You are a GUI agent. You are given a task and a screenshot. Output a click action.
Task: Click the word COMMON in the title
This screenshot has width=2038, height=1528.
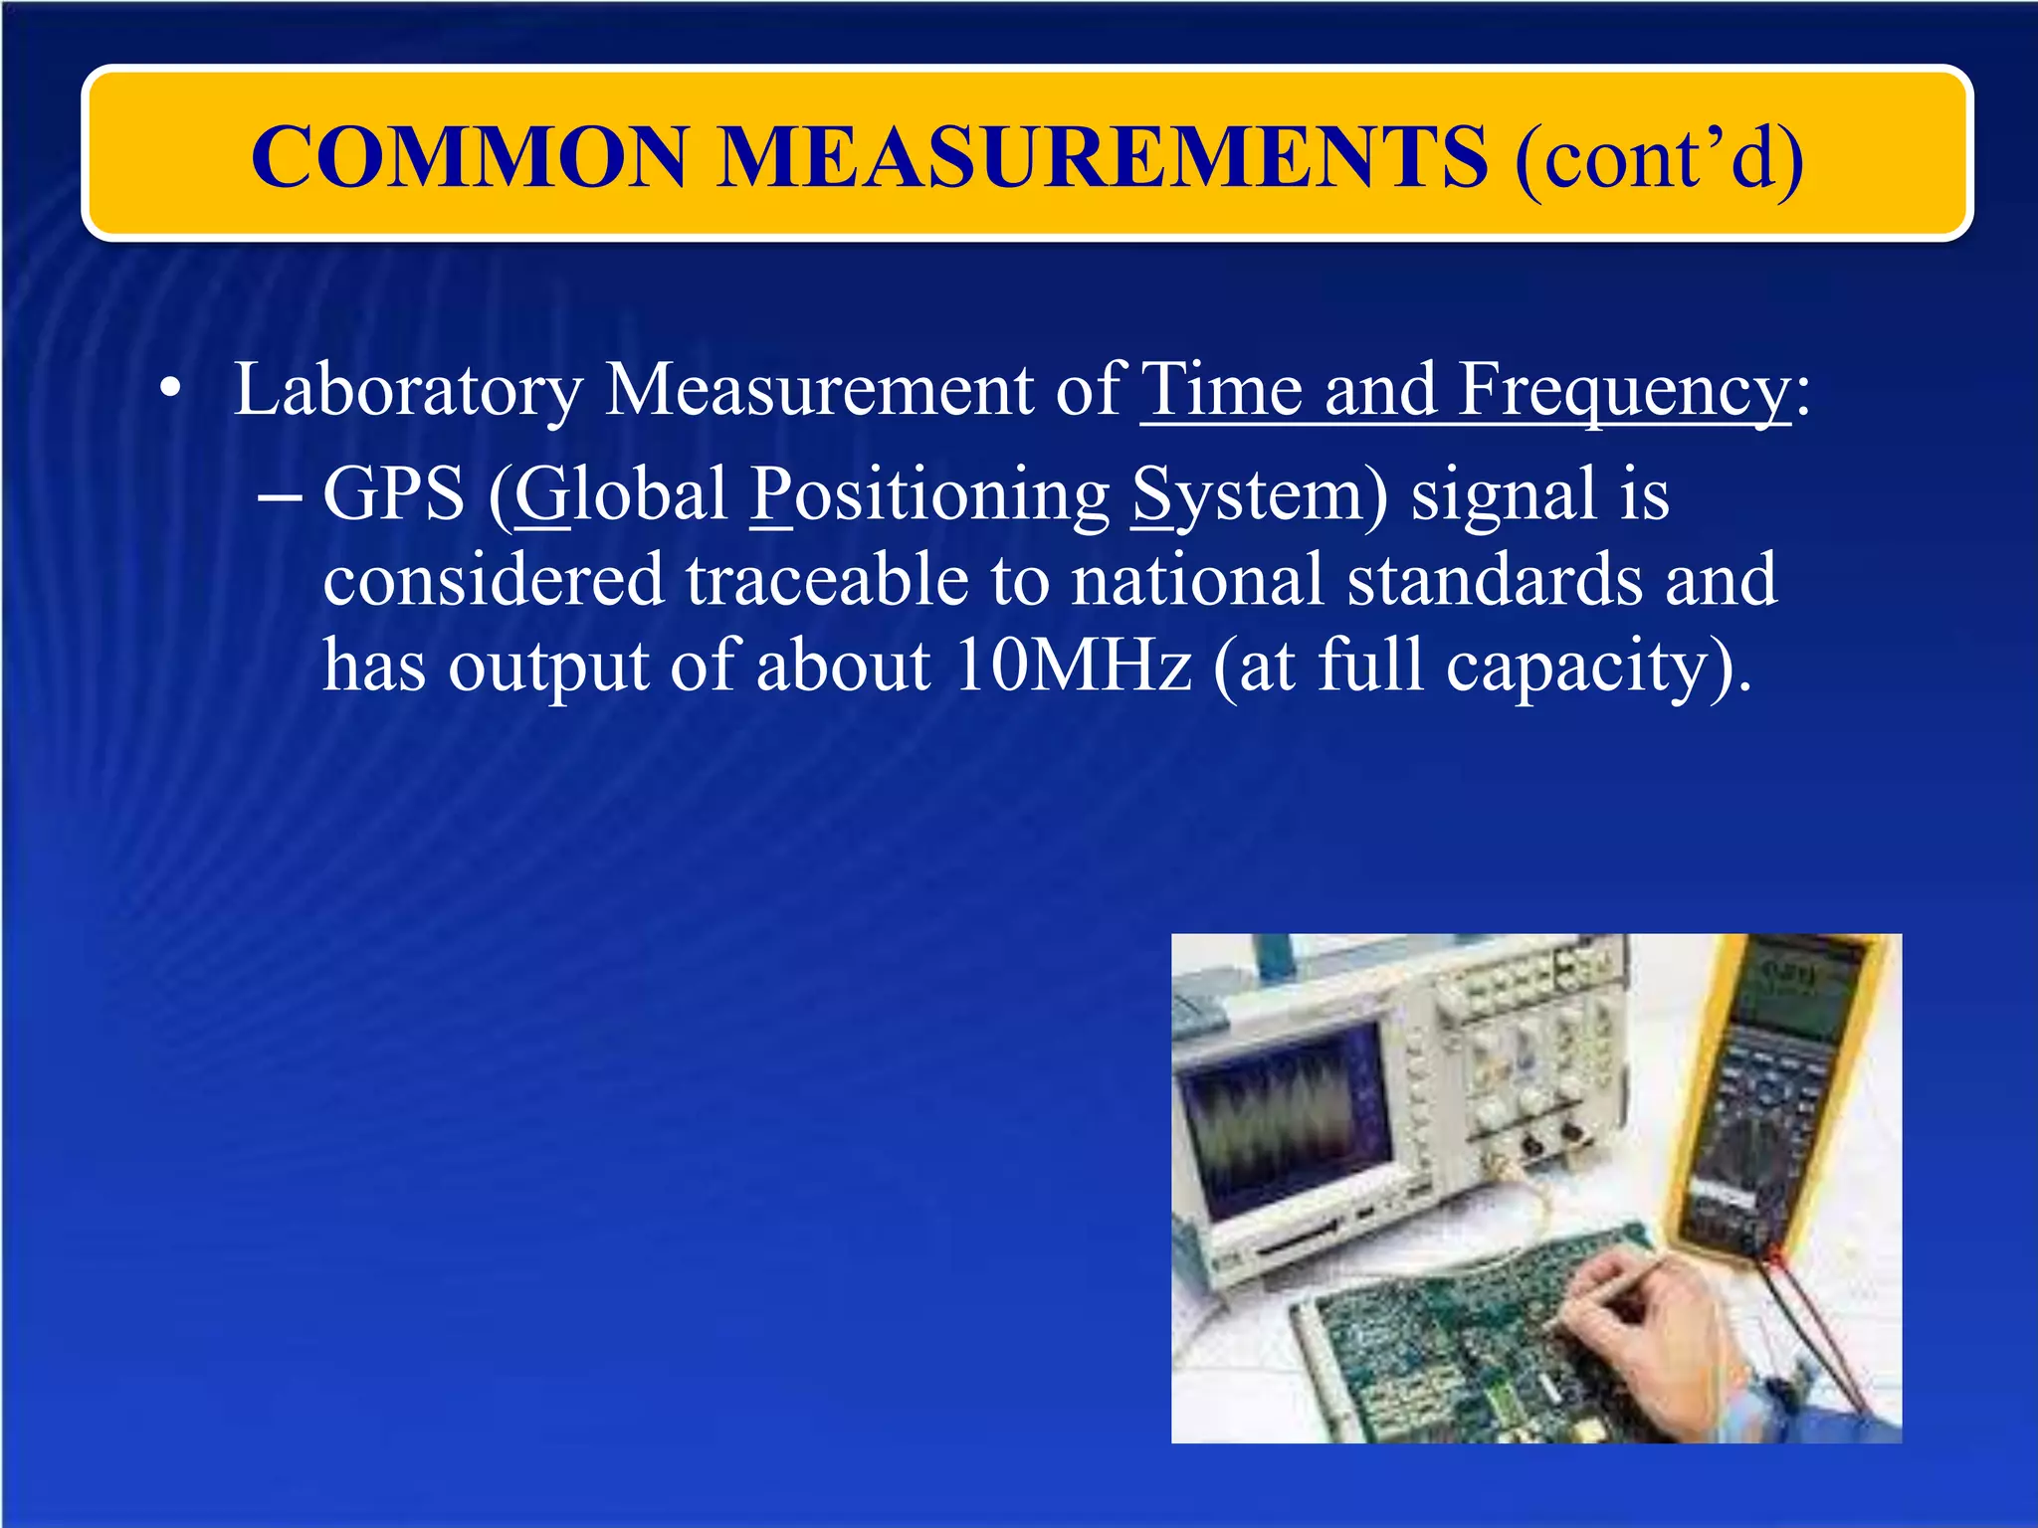[x=469, y=156]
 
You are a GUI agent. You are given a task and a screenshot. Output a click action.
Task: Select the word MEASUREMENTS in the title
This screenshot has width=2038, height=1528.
[x=1102, y=156]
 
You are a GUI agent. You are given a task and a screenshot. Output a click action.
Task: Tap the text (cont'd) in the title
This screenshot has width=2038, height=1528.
[x=1659, y=158]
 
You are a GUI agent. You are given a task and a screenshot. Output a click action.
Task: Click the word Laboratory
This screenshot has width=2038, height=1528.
[x=407, y=391]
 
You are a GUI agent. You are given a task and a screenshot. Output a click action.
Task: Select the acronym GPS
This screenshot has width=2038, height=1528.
[x=394, y=494]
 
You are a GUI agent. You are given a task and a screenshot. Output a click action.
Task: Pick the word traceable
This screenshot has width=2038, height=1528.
[x=827, y=580]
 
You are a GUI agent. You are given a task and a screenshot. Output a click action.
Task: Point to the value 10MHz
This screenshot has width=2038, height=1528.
[x=1072, y=666]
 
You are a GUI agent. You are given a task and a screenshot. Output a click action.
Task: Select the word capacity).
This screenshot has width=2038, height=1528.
[x=1598, y=668]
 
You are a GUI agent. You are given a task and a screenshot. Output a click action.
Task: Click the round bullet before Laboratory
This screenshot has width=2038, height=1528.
[x=171, y=392]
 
